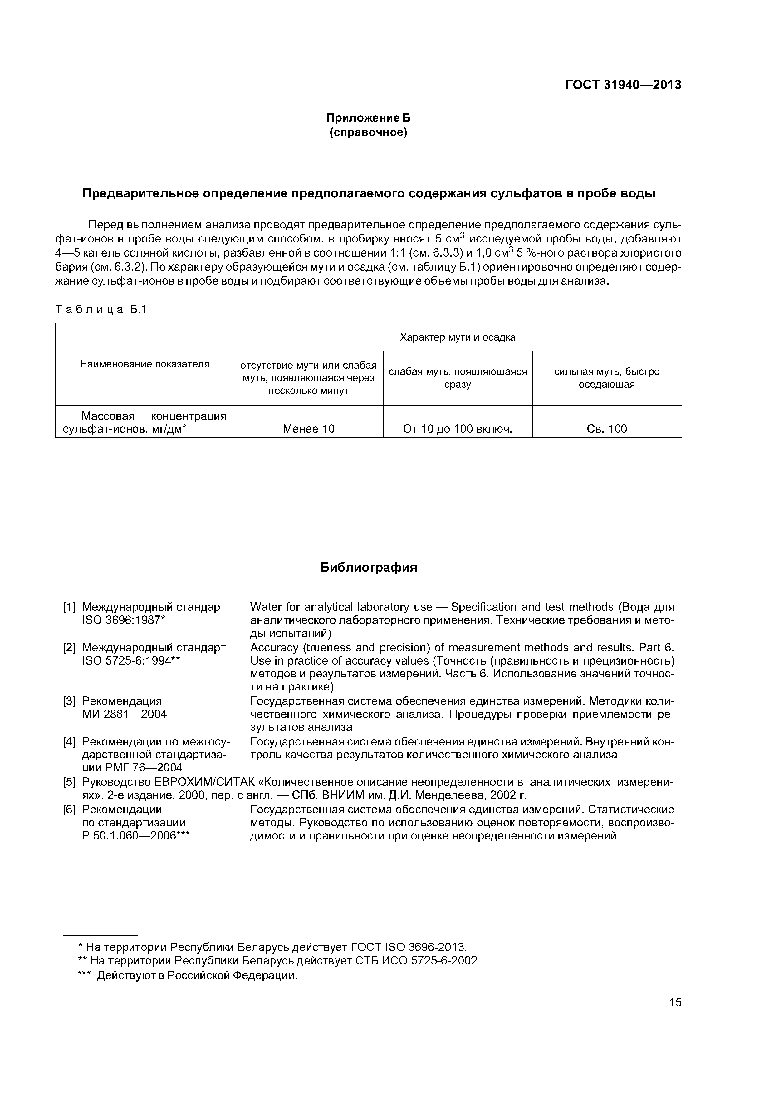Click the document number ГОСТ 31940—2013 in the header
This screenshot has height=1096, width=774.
click(x=623, y=85)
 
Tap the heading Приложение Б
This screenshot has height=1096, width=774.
click(x=368, y=118)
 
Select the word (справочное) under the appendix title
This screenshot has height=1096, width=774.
click(x=368, y=132)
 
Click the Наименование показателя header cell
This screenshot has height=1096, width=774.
click(x=145, y=364)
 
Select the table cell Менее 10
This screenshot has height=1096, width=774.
click(x=309, y=429)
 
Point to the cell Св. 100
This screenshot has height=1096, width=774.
click(x=607, y=429)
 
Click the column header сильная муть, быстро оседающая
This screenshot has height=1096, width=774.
click(x=607, y=378)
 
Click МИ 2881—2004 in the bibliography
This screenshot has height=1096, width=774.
click(x=125, y=714)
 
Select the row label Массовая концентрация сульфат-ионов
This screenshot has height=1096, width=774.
click(x=145, y=422)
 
